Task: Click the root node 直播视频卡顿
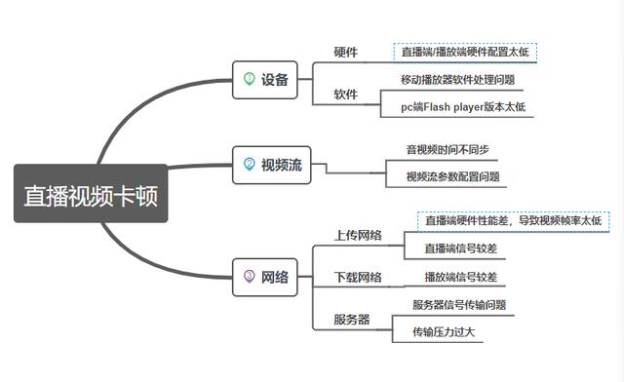click(91, 195)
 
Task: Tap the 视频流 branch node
click(270, 165)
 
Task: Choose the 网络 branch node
click(263, 277)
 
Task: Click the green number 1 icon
click(249, 79)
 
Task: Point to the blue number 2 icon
click(249, 165)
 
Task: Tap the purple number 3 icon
click(249, 277)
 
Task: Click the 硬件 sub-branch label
click(346, 52)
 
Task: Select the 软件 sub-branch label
click(346, 95)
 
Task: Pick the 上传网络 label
click(358, 235)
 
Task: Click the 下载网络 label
click(358, 278)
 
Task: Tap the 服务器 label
click(351, 320)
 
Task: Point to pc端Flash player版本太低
click(463, 107)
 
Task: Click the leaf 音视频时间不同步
click(448, 150)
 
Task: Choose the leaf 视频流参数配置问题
click(453, 177)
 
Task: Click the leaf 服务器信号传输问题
click(459, 305)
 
